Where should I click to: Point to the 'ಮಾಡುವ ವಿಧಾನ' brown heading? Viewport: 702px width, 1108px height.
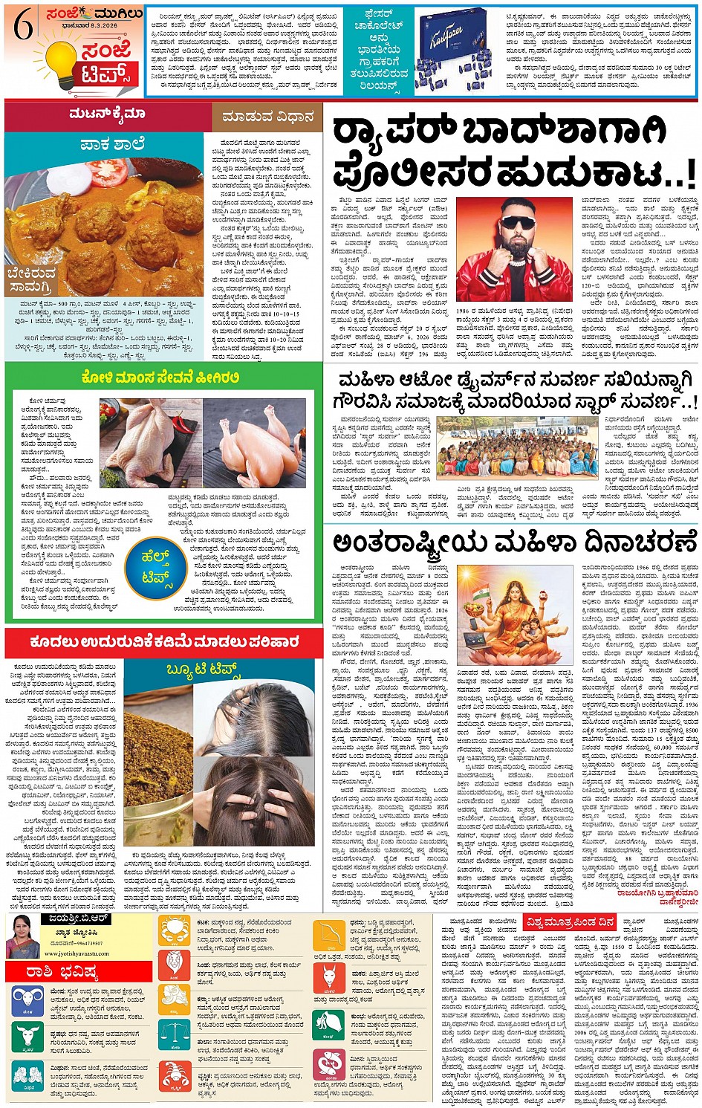[266, 117]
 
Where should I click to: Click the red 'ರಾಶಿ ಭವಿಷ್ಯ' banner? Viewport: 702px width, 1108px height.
[78, 971]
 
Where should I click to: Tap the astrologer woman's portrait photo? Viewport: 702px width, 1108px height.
[22, 936]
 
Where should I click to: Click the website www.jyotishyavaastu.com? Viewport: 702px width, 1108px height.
[72, 953]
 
